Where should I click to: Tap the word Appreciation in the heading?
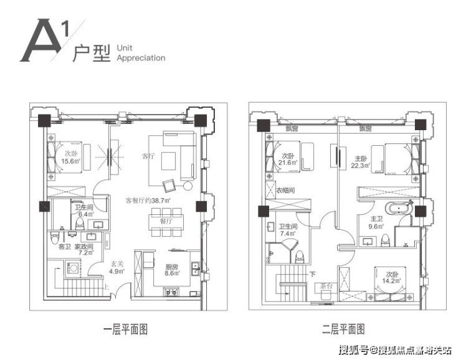(x=140, y=58)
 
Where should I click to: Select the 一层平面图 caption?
(x=125, y=329)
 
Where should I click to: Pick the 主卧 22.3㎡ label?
(x=361, y=162)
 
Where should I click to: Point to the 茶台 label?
(x=323, y=286)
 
